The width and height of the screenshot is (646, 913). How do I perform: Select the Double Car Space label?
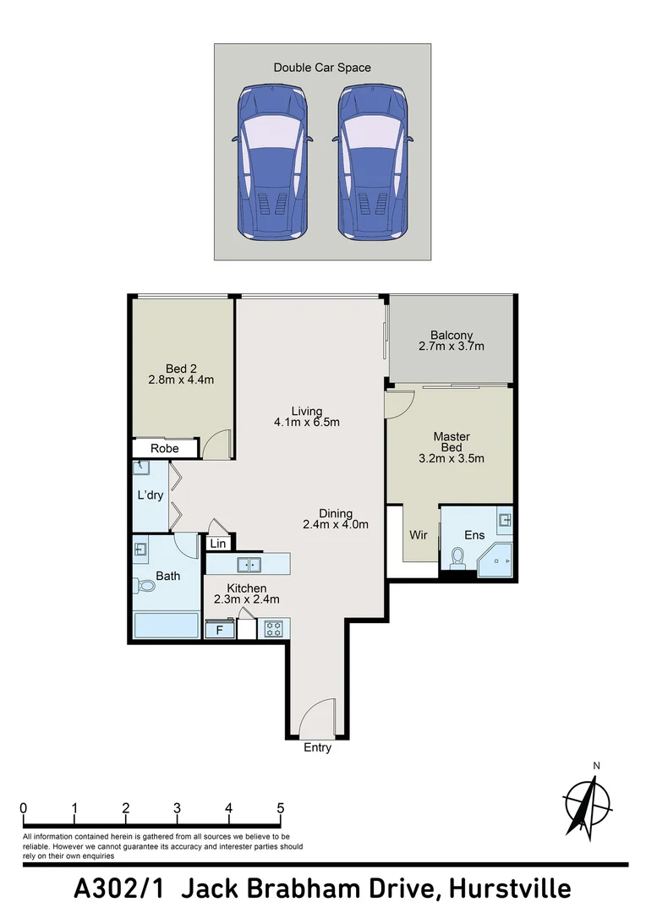point(322,68)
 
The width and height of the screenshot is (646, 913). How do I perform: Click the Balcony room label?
point(451,335)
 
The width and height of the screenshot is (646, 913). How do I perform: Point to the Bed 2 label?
point(181,369)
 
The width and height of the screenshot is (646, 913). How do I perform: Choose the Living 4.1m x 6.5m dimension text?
point(306,423)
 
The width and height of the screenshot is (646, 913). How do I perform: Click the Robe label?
point(164,448)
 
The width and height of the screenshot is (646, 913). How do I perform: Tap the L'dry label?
point(151,495)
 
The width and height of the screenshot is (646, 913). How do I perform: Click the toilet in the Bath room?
point(145,585)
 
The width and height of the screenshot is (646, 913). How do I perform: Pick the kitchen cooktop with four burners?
point(274,628)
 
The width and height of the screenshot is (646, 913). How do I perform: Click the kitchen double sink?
point(249,564)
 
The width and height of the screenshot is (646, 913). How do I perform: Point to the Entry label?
point(317,748)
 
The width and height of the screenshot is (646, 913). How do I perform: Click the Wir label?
point(418,535)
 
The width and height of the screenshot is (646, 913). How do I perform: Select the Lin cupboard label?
point(218,544)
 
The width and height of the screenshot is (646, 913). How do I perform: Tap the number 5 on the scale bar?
point(280,808)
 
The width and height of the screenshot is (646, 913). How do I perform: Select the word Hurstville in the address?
point(509,889)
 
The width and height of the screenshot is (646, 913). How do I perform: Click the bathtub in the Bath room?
point(167,626)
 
